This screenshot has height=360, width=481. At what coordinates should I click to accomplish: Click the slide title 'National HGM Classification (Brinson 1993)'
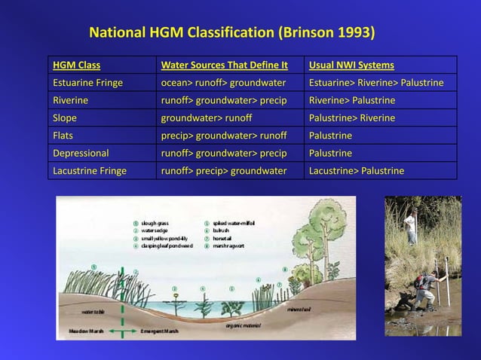231,33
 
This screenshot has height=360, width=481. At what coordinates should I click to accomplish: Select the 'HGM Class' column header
76,65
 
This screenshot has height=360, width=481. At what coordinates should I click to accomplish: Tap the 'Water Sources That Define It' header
224,65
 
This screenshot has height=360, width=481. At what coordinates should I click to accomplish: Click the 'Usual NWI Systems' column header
351,65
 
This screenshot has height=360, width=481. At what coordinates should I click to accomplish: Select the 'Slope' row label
65,118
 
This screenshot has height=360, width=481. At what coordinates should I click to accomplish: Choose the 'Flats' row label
63,136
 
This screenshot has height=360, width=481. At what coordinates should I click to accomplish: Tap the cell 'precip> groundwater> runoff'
224,136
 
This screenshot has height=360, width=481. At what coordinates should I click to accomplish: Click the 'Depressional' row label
81,153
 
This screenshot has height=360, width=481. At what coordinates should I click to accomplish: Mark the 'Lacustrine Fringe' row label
90,171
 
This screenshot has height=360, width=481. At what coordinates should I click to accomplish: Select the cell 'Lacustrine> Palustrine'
356,171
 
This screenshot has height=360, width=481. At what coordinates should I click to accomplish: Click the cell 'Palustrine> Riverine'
351,118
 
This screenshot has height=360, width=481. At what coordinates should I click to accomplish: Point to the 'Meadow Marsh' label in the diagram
87,331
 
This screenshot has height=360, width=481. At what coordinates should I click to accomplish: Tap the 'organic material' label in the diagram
244,325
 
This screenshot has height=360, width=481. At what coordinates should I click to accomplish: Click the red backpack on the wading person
418,282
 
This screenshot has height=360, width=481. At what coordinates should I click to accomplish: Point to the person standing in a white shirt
410,225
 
